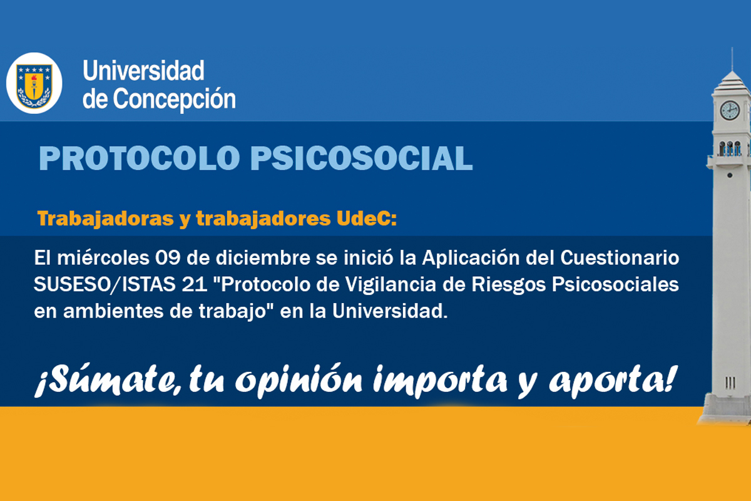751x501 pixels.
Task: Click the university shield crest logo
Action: (x=34, y=84)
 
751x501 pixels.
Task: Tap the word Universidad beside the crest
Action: (x=143, y=71)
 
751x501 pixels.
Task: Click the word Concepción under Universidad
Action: (x=175, y=100)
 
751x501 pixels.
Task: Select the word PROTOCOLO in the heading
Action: (x=139, y=158)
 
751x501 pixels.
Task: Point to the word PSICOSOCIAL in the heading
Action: (x=362, y=158)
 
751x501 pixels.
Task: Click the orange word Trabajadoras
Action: (x=105, y=219)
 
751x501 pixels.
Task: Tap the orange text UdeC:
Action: (x=367, y=219)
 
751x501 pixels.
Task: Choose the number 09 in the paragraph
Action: (x=167, y=258)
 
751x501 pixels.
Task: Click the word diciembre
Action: (x=263, y=258)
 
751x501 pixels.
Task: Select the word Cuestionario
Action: (x=620, y=258)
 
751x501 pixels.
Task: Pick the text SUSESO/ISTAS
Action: (x=105, y=284)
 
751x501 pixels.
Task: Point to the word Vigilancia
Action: (x=391, y=284)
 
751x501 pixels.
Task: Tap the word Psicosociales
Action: (x=615, y=284)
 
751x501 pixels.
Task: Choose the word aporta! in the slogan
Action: (x=613, y=381)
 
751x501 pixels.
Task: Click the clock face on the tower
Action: (x=730, y=110)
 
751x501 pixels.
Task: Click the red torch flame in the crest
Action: (x=34, y=79)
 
